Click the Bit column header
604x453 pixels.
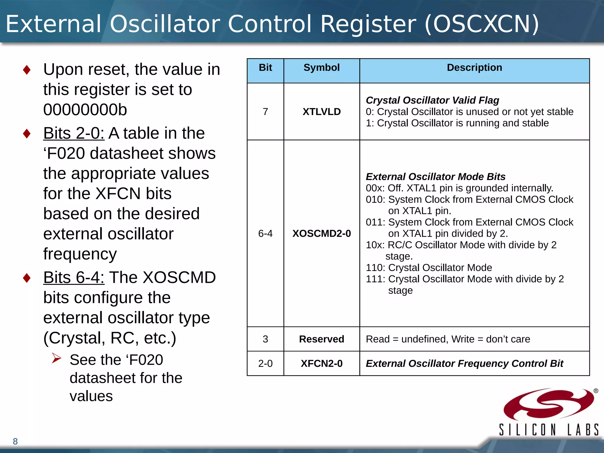265,68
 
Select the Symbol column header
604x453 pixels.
321,68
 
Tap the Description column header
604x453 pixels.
474,68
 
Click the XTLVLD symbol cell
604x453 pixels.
321,112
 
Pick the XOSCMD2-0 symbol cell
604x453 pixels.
321,234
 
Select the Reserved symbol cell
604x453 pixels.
321,339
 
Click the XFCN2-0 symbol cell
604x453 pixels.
321,364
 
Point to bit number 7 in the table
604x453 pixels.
265,112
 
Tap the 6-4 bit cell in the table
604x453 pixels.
265,234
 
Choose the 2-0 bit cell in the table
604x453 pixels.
265,364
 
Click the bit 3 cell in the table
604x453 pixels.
265,339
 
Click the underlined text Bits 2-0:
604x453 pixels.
74,133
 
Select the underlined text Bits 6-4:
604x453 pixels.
74,278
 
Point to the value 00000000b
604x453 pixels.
85,110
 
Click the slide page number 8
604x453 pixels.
15,441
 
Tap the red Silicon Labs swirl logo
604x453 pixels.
549,404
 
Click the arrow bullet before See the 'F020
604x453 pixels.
56,358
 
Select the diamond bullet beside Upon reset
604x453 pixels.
27,70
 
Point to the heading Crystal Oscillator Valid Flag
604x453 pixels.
432,100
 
